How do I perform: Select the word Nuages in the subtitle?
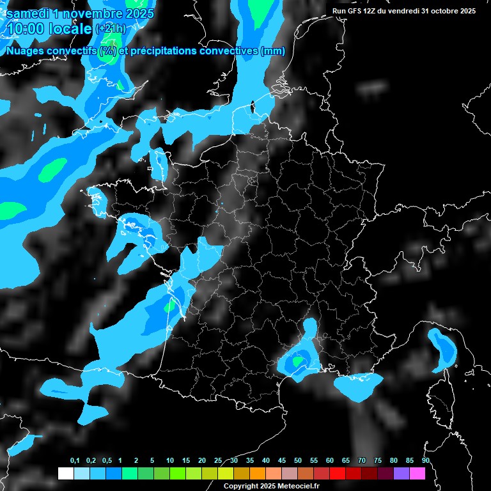coord(24,51)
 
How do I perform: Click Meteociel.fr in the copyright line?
coord(287,487)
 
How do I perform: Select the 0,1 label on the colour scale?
coord(75,460)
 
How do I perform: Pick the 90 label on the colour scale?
coord(425,460)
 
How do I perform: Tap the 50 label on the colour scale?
coord(298,460)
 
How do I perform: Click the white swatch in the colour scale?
coord(65,473)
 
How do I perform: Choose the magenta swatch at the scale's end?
coord(417,473)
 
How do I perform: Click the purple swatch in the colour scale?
coord(401,473)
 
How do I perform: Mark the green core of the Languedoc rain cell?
coord(298,361)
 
